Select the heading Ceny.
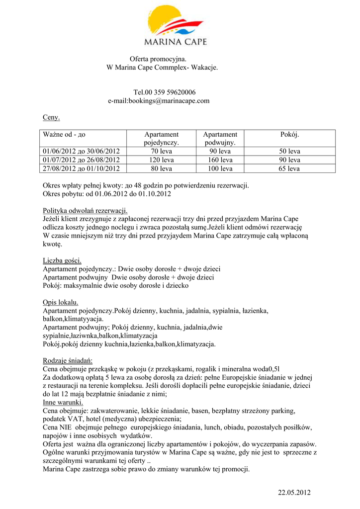[51, 118]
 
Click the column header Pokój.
[289, 135]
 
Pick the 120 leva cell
[161, 160]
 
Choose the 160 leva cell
[220, 160]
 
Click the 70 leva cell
[161, 151]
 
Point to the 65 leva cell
[289, 169]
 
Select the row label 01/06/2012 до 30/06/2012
[82, 151]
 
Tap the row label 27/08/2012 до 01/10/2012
[82, 169]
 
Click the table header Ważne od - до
[64, 135]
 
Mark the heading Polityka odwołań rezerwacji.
[86, 210]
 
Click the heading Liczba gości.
[62, 260]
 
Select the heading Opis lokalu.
[61, 302]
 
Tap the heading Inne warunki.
[63, 402]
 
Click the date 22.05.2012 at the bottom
[294, 493]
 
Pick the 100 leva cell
[220, 169]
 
